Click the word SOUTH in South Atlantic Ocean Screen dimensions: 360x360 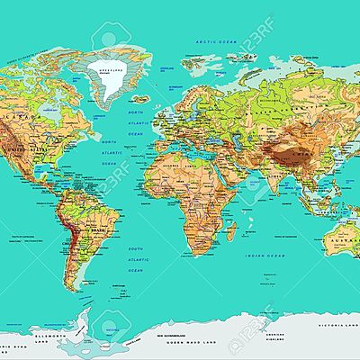click(135, 247)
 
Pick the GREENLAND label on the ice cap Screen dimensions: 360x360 click(111, 65)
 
